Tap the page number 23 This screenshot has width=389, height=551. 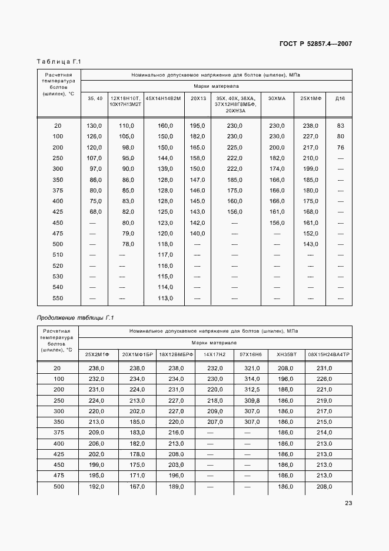348,503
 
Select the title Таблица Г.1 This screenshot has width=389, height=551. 58,62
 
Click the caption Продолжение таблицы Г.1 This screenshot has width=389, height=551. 75,318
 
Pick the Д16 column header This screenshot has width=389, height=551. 340,98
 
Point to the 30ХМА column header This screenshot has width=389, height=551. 277,98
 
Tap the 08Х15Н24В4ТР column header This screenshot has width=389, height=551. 328,354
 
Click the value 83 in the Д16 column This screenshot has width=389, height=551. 340,125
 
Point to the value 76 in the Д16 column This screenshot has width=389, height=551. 340,147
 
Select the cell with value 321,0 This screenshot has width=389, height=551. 252,368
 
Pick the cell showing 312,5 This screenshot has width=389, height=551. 252,389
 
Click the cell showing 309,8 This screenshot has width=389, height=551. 252,400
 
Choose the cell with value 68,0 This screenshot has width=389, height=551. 95,212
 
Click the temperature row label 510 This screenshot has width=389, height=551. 58,255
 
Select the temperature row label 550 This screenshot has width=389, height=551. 58,298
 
